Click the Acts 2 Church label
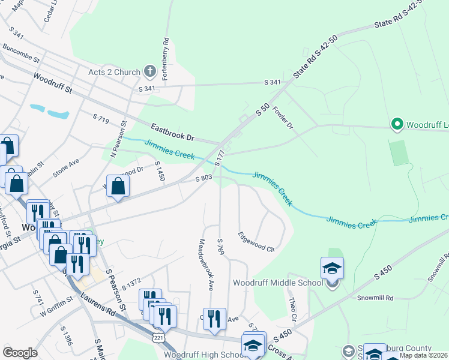113,72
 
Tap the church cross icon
150,72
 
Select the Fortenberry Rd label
166,59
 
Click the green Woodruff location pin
396,125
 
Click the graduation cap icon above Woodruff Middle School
332,268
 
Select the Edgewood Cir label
256,241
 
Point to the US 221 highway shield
158,338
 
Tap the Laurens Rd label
101,303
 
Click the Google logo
20,352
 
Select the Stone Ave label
65,170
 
